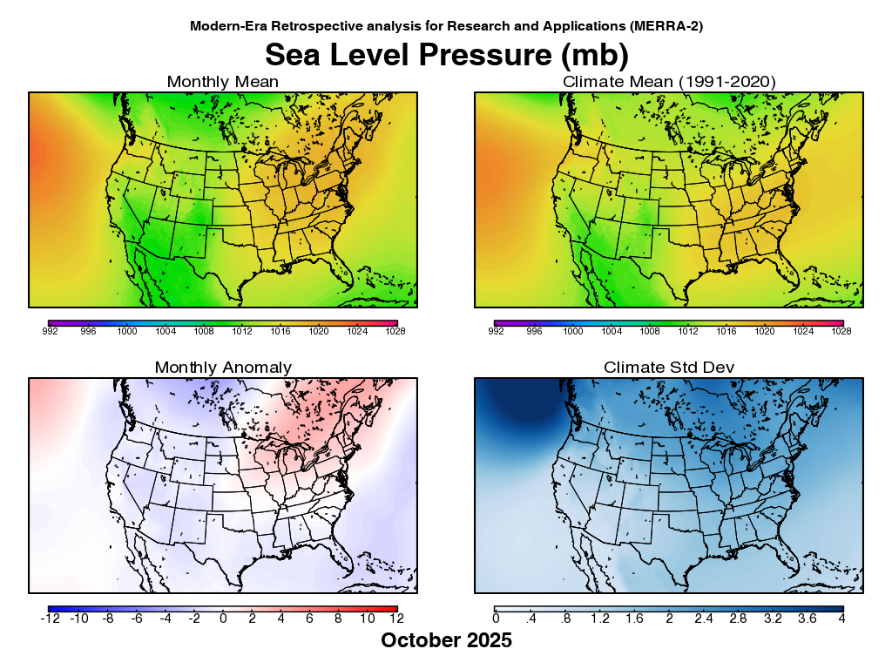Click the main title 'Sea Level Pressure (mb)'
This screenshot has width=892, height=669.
(446, 54)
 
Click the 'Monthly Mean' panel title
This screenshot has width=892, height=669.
(223, 82)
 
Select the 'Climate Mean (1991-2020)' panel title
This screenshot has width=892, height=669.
(669, 82)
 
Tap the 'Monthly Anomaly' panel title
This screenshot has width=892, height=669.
(223, 368)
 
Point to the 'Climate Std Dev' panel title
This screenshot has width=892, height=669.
(669, 368)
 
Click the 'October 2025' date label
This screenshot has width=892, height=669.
(446, 641)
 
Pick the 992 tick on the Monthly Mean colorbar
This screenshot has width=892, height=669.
(49, 332)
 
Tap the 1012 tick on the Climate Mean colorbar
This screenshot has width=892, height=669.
(688, 332)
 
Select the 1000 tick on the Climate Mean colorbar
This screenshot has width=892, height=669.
(572, 332)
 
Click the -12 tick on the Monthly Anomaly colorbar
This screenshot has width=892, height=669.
(49, 618)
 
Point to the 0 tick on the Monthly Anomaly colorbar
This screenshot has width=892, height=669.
(223, 618)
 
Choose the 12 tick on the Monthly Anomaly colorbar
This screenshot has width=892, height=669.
(397, 618)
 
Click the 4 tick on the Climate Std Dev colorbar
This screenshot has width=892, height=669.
(842, 618)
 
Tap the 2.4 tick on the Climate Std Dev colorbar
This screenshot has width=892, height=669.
(704, 618)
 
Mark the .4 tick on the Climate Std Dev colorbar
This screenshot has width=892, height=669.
(530, 618)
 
